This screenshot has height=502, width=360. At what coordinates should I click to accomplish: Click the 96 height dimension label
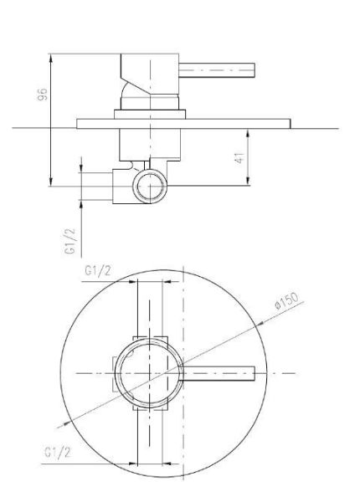click(x=42, y=95)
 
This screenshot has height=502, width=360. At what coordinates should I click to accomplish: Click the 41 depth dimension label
click(x=239, y=158)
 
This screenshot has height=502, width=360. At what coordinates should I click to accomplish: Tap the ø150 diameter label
click(x=286, y=300)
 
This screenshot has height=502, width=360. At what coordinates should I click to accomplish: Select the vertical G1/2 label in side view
click(x=70, y=241)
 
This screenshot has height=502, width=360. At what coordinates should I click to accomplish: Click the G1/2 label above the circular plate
click(x=98, y=271)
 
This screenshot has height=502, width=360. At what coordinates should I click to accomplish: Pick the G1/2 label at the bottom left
click(x=57, y=453)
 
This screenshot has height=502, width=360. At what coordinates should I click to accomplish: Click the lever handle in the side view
click(x=217, y=70)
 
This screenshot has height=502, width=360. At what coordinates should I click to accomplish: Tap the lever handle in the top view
click(x=217, y=373)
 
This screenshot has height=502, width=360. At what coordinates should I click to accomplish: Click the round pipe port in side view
click(x=150, y=187)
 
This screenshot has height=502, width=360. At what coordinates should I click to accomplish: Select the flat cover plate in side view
click(x=183, y=124)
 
